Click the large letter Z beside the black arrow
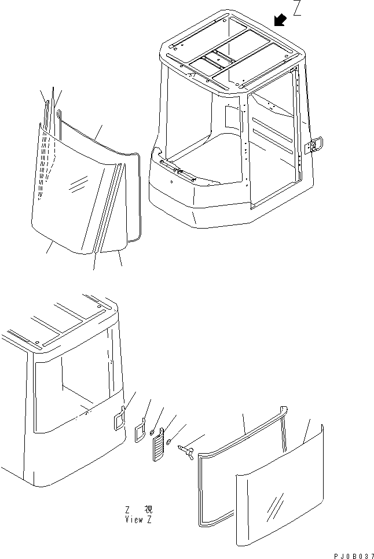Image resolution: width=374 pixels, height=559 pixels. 297,8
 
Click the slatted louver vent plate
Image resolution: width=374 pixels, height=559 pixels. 158,444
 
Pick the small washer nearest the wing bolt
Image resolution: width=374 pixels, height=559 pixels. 168,443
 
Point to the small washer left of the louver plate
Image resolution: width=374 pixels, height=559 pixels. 152,433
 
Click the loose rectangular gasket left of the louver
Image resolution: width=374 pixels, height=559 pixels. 140,430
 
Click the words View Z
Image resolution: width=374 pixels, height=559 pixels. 138,520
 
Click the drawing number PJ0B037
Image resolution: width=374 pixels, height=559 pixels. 354,556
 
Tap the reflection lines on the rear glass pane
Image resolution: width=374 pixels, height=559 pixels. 275,503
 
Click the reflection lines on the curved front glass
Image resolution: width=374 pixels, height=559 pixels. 78,183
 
